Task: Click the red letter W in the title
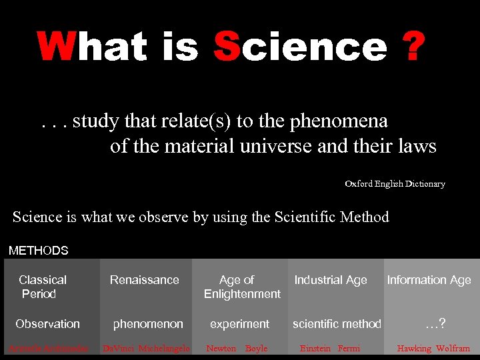click(57, 47)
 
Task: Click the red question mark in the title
click(411, 47)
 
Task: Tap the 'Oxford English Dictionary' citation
click(395, 183)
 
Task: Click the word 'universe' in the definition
click(273, 146)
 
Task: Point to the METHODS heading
click(38, 251)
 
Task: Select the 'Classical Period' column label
click(41, 287)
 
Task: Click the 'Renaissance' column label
click(144, 280)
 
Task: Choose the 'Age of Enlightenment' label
click(241, 287)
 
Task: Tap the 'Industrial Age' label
click(331, 280)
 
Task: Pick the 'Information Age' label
click(429, 280)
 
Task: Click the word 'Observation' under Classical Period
click(47, 324)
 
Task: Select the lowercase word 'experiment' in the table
click(239, 324)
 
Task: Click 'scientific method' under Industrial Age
click(337, 324)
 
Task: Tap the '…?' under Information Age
click(435, 324)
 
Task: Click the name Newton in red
click(221, 348)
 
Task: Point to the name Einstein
click(315, 348)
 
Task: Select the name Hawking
click(413, 348)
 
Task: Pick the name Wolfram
click(453, 348)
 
